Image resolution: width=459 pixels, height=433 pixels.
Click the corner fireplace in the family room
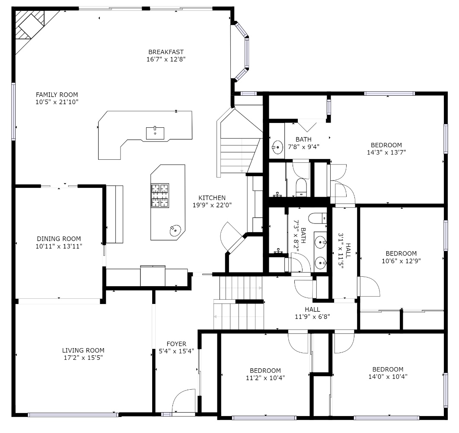[29, 25]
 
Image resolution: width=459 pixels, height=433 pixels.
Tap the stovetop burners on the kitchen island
[160, 195]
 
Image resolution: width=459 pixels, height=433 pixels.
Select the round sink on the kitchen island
[175, 231]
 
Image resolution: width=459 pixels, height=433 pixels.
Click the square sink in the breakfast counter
[155, 133]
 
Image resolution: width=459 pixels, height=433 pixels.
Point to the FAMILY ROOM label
[57, 95]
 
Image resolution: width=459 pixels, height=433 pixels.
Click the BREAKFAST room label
[166, 52]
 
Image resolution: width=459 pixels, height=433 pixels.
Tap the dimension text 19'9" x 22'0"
[212, 205]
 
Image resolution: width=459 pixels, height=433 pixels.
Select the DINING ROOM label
[59, 239]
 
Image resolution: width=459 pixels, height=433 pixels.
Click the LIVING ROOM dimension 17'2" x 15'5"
[83, 358]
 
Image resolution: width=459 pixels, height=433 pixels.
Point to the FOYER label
[176, 344]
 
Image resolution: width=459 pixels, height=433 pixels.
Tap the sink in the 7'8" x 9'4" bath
[277, 147]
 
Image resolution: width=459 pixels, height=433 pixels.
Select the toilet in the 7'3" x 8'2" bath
[318, 218]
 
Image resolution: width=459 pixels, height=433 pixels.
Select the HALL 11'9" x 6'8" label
[312, 313]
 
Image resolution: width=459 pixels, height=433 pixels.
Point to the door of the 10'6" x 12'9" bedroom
[368, 286]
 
